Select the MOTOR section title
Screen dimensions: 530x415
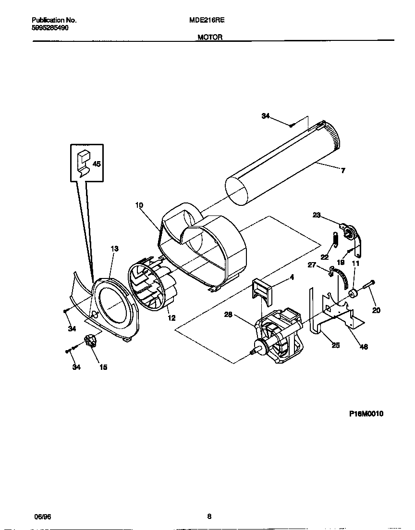[210, 38]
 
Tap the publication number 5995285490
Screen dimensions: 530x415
[50, 28]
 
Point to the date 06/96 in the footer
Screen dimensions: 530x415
[42, 517]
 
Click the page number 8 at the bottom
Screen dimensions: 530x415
[209, 517]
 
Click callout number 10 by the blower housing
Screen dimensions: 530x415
[139, 205]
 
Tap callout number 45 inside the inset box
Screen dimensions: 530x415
[96, 164]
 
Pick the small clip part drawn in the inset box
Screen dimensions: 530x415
[84, 163]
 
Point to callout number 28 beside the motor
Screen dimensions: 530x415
[229, 315]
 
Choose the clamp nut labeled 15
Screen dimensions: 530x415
[89, 342]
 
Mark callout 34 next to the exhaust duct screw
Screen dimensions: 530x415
[266, 116]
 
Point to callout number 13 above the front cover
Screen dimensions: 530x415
[114, 249]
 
